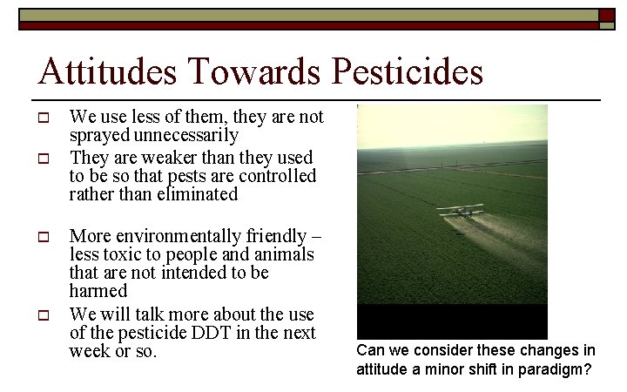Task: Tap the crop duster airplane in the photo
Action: click(x=460, y=211)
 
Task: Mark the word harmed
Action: click(x=98, y=291)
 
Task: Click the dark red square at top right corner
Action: click(x=607, y=15)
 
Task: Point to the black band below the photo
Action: click(x=452, y=321)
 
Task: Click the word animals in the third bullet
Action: click(x=285, y=254)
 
